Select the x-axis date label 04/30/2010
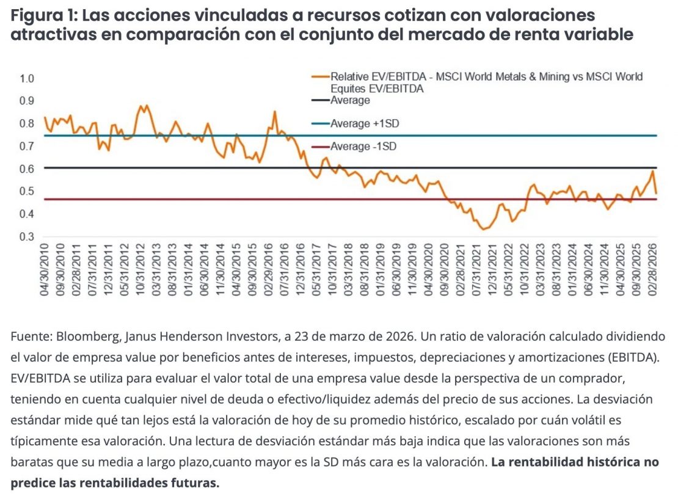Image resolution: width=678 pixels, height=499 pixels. click(x=45, y=274)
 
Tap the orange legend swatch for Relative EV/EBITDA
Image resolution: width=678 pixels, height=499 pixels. click(x=320, y=77)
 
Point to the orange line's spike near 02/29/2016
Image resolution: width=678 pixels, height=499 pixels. click(x=275, y=112)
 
